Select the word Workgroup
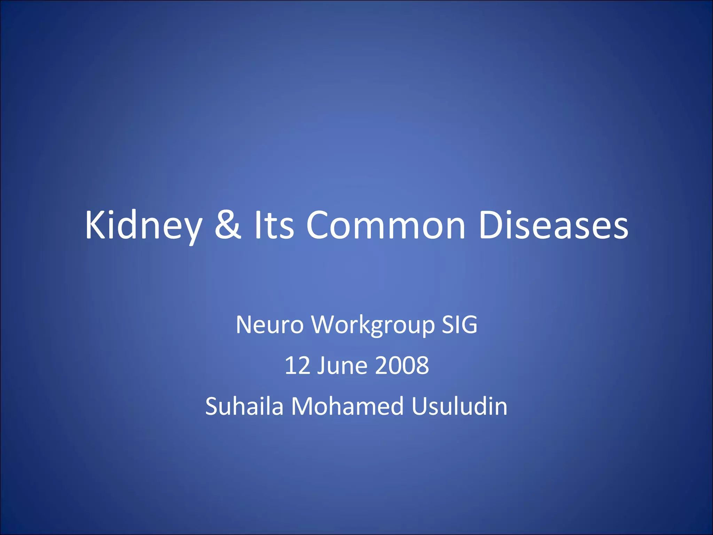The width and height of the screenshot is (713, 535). (x=373, y=325)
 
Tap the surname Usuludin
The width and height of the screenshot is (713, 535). (x=459, y=406)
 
